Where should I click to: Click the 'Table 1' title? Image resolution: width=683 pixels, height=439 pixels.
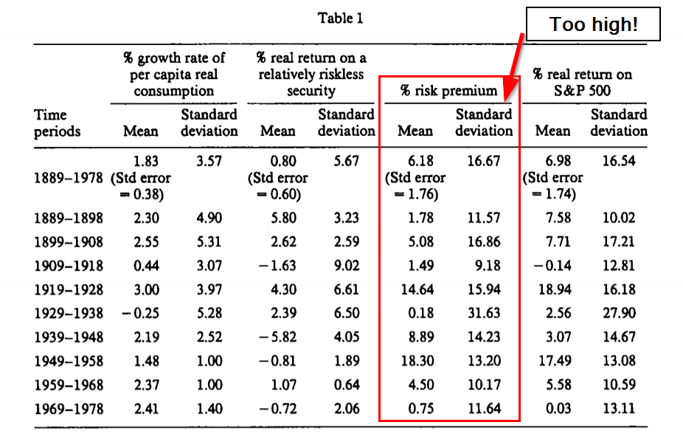(x=340, y=18)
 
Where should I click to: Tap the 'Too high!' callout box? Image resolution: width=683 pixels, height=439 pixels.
(x=593, y=24)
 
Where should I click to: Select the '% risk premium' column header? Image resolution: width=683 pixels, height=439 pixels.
(x=449, y=91)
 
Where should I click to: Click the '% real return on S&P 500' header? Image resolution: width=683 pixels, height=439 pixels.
(x=583, y=83)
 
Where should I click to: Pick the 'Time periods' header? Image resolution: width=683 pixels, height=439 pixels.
(x=57, y=123)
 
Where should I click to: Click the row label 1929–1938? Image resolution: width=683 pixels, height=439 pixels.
(x=69, y=313)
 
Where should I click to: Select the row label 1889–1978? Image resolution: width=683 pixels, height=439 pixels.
(x=69, y=178)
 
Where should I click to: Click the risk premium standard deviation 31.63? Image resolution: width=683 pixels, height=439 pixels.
(x=484, y=313)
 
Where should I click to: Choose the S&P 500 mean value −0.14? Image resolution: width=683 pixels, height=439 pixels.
(x=552, y=265)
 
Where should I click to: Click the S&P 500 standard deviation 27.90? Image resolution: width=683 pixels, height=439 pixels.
(x=618, y=313)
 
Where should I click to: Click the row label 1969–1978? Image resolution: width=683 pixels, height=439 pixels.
(x=69, y=408)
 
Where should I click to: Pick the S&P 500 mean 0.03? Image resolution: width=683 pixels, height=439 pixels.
(x=553, y=408)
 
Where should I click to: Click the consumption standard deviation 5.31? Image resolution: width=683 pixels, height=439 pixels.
(x=209, y=241)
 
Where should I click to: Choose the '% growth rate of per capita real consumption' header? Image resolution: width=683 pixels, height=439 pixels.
(x=175, y=74)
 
